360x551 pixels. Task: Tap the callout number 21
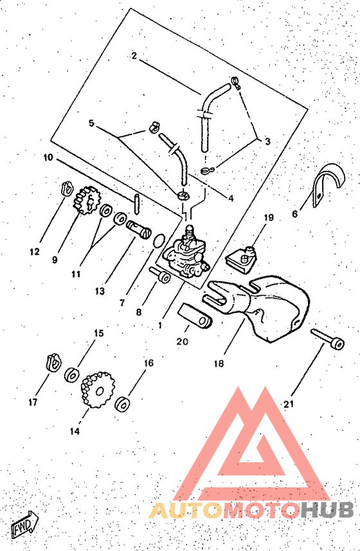tap(289, 404)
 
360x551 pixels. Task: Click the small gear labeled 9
tap(87, 201)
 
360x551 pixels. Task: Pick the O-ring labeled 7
tap(159, 240)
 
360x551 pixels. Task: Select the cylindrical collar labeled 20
tap(195, 317)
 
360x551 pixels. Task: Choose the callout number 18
tap(219, 363)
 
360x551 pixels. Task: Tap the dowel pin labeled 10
tap(137, 204)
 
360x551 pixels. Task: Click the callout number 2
tap(134, 56)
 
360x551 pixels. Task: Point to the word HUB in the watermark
tap(327, 510)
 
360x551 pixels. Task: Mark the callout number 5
tap(91, 123)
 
